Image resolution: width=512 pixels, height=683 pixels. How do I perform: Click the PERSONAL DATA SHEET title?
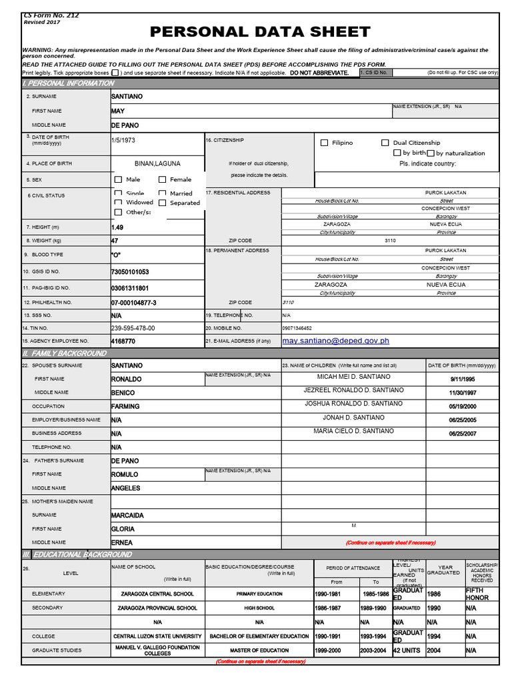point(260,31)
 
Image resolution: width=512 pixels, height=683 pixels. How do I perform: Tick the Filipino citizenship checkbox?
point(325,143)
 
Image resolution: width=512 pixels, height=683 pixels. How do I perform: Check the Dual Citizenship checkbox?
point(385,143)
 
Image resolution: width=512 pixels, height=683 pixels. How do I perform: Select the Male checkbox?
point(118,179)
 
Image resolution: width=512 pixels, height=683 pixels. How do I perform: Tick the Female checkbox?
point(162,179)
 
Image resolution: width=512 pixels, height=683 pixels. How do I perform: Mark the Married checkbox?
point(162,193)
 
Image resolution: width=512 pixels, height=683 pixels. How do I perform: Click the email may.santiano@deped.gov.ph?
point(335,341)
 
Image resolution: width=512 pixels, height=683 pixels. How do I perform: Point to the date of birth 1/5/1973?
point(123,141)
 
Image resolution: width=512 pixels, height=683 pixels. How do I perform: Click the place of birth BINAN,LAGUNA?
point(157,163)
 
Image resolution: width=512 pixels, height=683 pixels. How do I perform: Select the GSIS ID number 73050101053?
point(130,272)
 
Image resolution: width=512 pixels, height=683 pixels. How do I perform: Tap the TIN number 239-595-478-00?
point(133,328)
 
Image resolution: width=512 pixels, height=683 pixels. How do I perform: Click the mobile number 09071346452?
point(297,328)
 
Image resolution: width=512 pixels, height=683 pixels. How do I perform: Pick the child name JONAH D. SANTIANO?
point(353,418)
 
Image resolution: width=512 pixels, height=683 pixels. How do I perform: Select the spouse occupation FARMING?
point(125,406)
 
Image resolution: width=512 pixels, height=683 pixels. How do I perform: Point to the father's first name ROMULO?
point(125,474)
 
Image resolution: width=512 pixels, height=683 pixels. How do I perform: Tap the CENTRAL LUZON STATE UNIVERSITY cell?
point(157,636)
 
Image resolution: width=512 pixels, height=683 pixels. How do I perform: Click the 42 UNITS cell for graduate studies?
point(407,650)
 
